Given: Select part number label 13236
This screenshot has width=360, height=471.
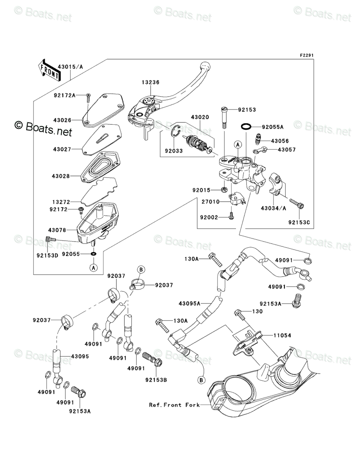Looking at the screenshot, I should [x=150, y=82].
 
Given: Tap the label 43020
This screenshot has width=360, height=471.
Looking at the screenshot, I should [x=200, y=117].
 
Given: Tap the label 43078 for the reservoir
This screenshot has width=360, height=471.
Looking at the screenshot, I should [x=57, y=230].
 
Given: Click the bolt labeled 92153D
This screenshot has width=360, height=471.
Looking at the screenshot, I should [x=51, y=240].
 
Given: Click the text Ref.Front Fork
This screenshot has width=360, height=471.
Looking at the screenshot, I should [x=174, y=405].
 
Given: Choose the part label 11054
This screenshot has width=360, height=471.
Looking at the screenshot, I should [x=283, y=335].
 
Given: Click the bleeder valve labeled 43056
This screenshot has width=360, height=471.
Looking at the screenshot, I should [x=259, y=141].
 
